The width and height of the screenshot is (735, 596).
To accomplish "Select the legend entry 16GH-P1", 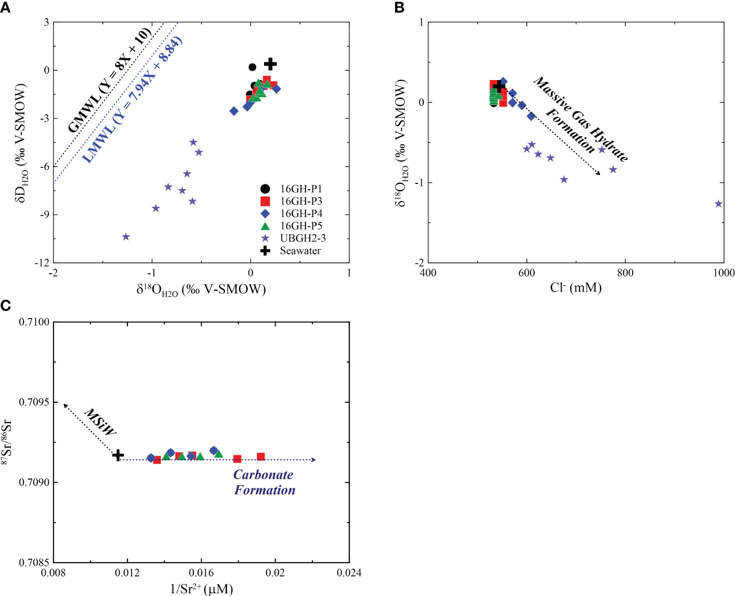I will (300, 189).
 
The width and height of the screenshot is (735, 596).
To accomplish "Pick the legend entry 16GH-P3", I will (300, 201).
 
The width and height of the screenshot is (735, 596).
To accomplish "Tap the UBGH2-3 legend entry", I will (302, 239).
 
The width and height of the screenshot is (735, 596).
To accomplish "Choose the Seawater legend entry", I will (300, 251).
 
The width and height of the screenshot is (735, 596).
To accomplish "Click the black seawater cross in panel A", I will (270, 64).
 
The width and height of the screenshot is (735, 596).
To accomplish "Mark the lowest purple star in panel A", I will (126, 237).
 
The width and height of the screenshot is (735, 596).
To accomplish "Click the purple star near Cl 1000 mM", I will (718, 204).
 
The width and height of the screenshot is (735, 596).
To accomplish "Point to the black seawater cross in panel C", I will (119, 455).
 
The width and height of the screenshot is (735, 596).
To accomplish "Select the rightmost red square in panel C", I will (261, 457).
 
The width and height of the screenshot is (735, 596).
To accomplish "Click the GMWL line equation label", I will (110, 81).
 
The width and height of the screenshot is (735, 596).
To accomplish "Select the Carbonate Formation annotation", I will (264, 482).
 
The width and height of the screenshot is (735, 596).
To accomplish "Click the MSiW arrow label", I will (100, 422).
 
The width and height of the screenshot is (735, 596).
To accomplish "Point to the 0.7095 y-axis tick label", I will (34, 402).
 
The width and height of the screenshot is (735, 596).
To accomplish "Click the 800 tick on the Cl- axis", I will (625, 273).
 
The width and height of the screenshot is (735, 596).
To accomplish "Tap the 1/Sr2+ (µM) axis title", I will (202, 589).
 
